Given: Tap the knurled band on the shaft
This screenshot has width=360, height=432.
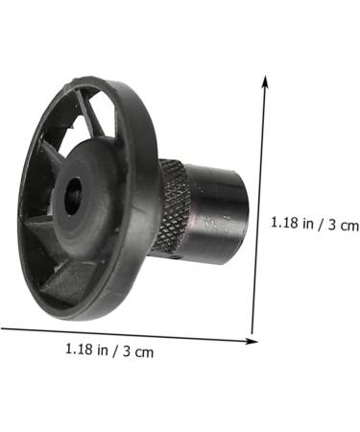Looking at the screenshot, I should pyautogui.click(x=173, y=207).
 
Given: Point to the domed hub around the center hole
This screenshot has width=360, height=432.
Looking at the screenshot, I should pyautogui.click(x=91, y=182).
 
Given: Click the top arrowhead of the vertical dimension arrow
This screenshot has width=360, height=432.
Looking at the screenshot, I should pyautogui.click(x=266, y=79).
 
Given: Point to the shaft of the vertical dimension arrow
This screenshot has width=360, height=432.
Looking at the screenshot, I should pyautogui.click(x=259, y=206).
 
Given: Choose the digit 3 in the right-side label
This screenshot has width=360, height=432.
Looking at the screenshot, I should pyautogui.click(x=331, y=224).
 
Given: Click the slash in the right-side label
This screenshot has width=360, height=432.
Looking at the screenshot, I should pyautogui.click(x=320, y=224).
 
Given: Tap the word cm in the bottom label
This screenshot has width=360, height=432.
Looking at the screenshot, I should pyautogui.click(x=144, y=351).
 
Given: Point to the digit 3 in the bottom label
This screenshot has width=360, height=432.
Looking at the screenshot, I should pyautogui.click(x=127, y=350).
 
